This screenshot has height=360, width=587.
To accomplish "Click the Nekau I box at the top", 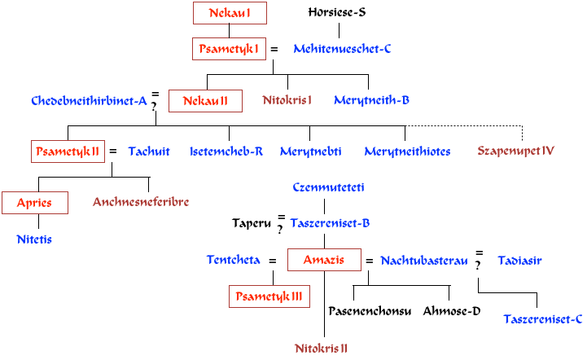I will (230, 13).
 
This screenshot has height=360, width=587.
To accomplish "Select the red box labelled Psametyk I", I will (229, 49).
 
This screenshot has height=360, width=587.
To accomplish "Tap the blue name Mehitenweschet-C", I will (342, 49).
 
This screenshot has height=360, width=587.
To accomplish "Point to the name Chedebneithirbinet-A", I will (89, 101).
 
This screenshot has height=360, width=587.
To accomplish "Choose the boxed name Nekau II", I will (205, 101).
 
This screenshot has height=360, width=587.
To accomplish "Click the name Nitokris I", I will (287, 100).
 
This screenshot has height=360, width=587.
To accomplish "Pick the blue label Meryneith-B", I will (371, 100).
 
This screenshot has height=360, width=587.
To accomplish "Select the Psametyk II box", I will (68, 151).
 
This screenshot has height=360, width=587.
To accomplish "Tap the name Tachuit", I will (149, 151).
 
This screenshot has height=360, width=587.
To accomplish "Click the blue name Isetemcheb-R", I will (226, 151).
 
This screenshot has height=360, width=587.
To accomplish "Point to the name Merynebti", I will (311, 151).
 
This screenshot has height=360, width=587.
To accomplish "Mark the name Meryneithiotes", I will (407, 151).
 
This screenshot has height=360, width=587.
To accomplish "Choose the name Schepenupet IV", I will (516, 151).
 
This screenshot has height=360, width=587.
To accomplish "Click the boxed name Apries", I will (34, 203).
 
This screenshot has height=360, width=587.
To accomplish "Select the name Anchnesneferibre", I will (141, 202).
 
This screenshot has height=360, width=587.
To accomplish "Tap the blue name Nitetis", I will (34, 239).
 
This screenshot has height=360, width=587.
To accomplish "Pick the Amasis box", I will (324, 261).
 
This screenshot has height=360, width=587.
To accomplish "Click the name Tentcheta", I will (234, 261).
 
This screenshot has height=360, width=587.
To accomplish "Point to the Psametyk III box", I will (269, 297).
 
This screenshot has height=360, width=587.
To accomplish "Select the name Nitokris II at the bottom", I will (322, 349).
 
